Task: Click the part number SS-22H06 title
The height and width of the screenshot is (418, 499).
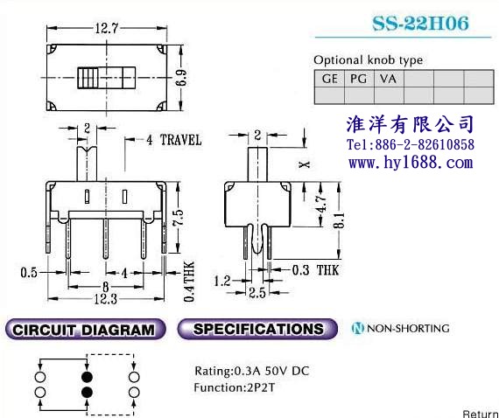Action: pos(420,23)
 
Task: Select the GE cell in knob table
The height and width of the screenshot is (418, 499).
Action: pos(329,79)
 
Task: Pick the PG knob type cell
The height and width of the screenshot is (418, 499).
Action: pos(359,79)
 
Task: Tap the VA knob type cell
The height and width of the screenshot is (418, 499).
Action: pos(389,79)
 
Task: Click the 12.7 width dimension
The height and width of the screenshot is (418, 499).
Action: pos(107,29)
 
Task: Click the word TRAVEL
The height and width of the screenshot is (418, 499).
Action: pos(180,140)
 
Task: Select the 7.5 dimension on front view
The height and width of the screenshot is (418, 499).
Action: pos(179,217)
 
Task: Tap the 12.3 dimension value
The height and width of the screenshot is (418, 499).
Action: pos(106,299)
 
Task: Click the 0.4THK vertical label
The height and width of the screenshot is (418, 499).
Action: pos(189,282)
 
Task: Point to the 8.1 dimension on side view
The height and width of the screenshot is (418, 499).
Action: pos(340,220)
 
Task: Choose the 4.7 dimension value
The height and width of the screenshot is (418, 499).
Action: pos(321,204)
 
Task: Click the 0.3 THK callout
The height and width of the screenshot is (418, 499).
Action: pos(315,270)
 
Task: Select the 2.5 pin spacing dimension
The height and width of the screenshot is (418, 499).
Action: pos(257,293)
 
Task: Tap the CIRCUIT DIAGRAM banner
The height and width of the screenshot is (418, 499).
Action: pos(86,330)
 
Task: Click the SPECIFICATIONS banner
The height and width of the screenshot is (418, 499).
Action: pos(257,329)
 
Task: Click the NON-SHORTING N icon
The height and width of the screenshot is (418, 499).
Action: pos(358,328)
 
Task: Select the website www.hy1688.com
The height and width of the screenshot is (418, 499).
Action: pos(411,163)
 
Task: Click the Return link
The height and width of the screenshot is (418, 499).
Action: pos(481,414)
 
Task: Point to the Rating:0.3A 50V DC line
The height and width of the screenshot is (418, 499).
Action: pos(252,371)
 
